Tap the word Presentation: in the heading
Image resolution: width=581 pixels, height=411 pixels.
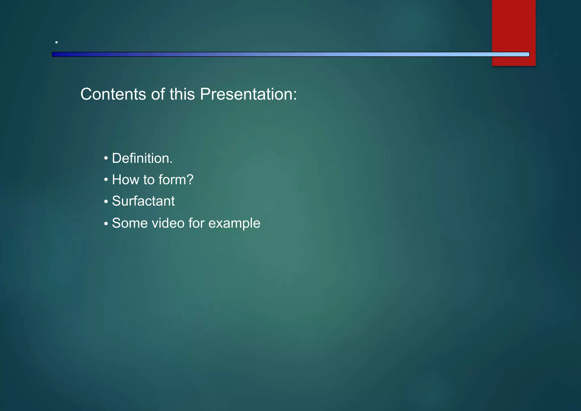tap(248, 94)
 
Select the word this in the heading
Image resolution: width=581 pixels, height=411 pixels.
tap(182, 94)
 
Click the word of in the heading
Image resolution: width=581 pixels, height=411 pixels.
tap(158, 94)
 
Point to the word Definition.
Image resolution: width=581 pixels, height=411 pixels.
tap(142, 158)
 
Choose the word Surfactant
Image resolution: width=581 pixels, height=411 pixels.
tap(143, 201)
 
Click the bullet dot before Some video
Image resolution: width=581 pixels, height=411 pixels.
tap(106, 224)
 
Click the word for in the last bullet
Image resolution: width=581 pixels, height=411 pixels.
tap(196, 223)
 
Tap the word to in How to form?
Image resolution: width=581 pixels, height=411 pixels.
tap(149, 180)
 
